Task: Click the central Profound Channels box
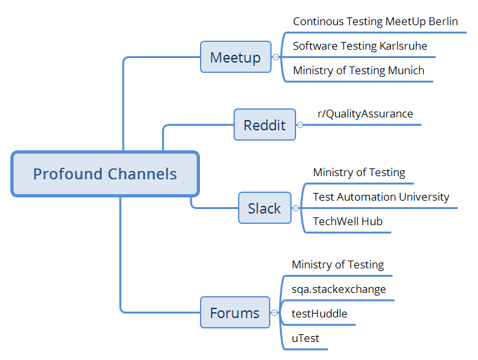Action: pyautogui.click(x=105, y=174)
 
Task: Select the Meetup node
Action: pyautogui.click(x=235, y=57)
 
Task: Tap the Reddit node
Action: pyautogui.click(x=264, y=125)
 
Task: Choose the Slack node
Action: pyautogui.click(x=264, y=208)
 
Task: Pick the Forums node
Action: pyautogui.click(x=235, y=312)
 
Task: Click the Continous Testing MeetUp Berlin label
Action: pyautogui.click(x=375, y=22)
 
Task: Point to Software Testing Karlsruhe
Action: pyautogui.click(x=360, y=46)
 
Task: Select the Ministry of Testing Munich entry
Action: pyautogui.click(x=359, y=70)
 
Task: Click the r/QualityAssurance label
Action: pyautogui.click(x=365, y=114)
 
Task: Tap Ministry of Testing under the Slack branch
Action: pyautogui.click(x=359, y=172)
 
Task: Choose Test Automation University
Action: pyautogui.click(x=381, y=197)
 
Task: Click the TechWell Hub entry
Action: pyautogui.click(x=348, y=221)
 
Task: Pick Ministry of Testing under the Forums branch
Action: pyautogui.click(x=338, y=265)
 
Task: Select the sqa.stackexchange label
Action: pyautogui.click(x=339, y=289)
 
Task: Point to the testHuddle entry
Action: pyautogui.click(x=319, y=314)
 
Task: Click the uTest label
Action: pyautogui.click(x=305, y=338)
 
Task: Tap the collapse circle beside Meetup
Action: pyautogui.click(x=275, y=57)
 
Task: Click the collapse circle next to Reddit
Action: pyautogui.click(x=300, y=125)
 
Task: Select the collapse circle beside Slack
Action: pyautogui.click(x=295, y=208)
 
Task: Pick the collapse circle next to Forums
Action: pyautogui.click(x=274, y=312)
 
